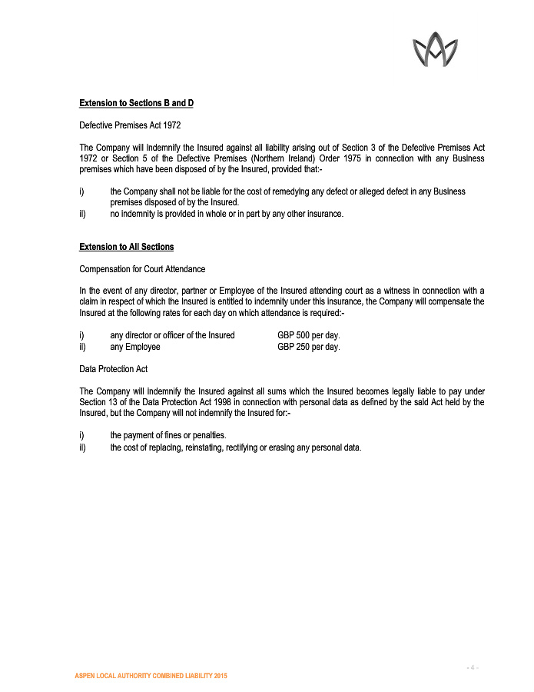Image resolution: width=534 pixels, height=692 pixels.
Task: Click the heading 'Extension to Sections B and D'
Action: point(136,103)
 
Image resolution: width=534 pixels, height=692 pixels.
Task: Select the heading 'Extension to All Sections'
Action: point(126,247)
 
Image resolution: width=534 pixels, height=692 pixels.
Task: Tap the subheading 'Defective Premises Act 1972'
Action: point(130,125)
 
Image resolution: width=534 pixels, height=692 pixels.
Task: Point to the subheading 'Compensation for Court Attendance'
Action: point(142,268)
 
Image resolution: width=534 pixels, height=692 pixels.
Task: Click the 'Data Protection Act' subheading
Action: point(114,369)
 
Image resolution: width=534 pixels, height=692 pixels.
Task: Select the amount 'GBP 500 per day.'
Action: point(308,335)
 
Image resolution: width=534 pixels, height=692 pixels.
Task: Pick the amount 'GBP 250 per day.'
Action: point(308,347)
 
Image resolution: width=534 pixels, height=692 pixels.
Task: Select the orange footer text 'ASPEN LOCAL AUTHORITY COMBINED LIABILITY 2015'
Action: point(151,675)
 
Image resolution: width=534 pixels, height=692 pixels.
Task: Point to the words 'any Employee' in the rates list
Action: point(135,347)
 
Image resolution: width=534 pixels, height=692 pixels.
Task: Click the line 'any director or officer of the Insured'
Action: point(172,335)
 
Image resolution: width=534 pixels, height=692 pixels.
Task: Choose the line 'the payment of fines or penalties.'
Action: point(167,435)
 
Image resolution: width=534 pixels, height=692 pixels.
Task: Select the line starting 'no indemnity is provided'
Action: point(226,214)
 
